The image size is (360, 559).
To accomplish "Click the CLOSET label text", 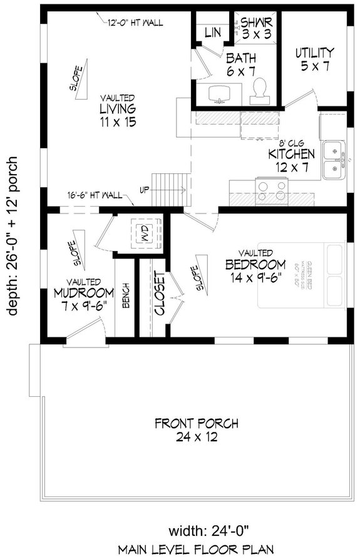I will (159, 293).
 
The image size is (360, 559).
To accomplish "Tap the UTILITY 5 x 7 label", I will (314, 59).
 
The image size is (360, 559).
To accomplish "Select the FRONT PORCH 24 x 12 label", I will (187, 430).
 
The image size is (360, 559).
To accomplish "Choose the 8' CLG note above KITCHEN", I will (282, 142).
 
